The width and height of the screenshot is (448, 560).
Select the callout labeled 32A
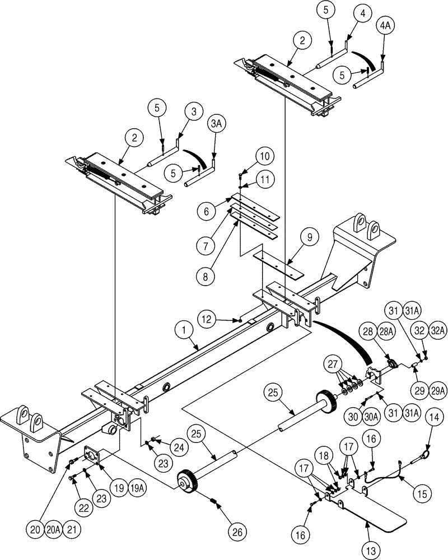click(439, 330)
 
